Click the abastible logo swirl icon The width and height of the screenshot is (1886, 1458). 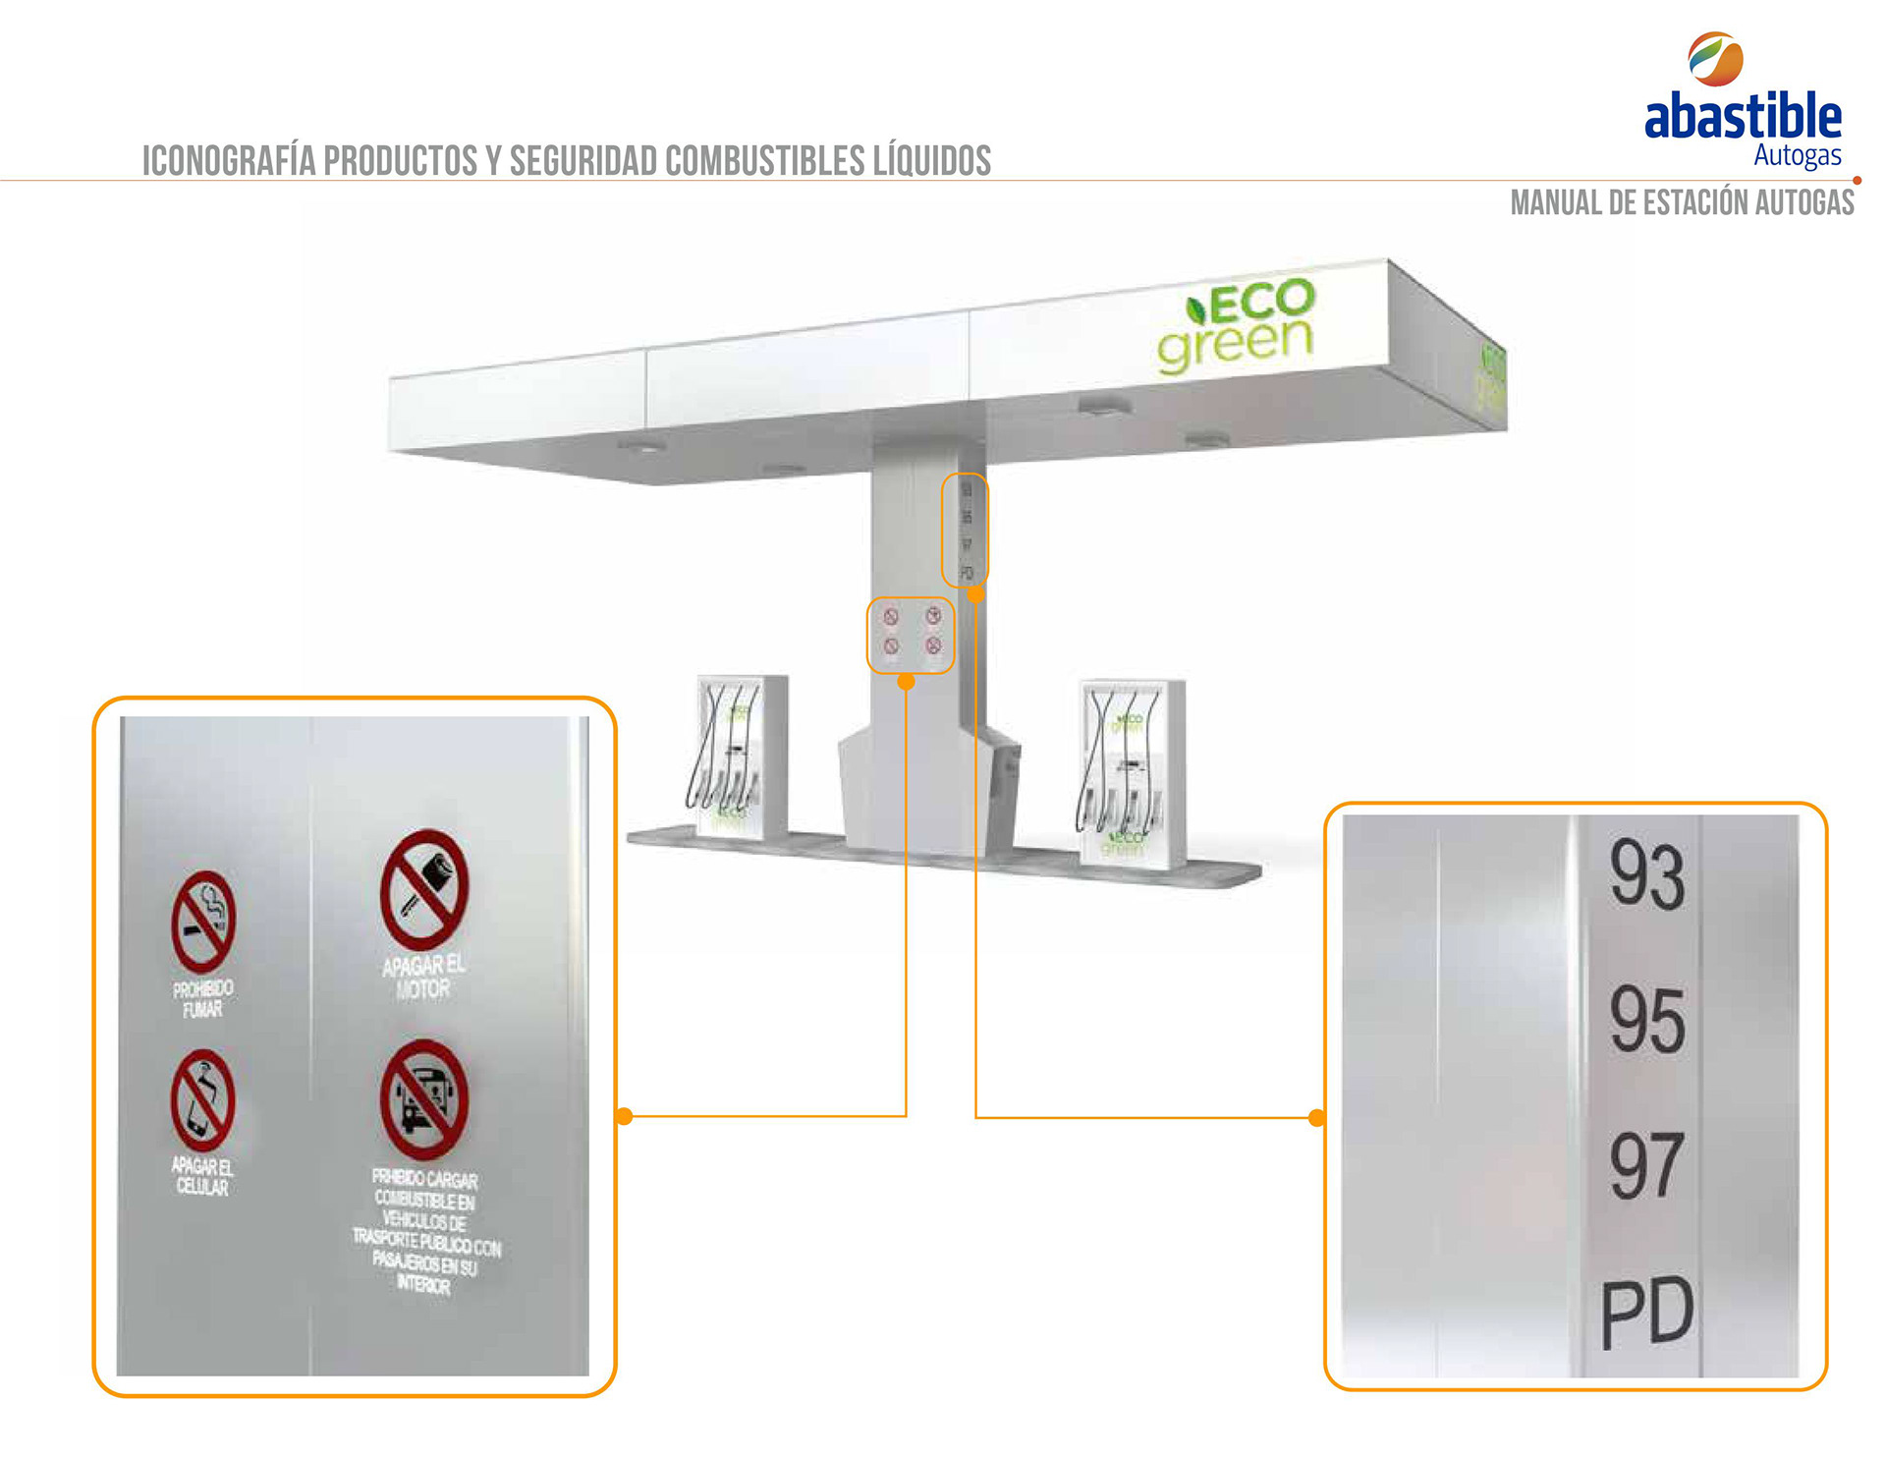point(1715,58)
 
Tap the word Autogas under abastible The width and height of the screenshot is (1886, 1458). point(1797,155)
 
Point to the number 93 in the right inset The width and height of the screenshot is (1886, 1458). point(1646,873)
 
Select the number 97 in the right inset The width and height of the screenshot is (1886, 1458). point(1646,1165)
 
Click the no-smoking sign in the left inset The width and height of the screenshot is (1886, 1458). point(203,922)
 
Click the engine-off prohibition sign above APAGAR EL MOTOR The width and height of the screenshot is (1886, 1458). point(424,890)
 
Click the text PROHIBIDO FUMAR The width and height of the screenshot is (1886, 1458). point(203,998)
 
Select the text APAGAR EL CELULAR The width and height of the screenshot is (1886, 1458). point(202,1176)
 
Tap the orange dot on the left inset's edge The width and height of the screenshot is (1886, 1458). point(625,1116)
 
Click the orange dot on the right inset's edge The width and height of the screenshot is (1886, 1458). point(1317,1117)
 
